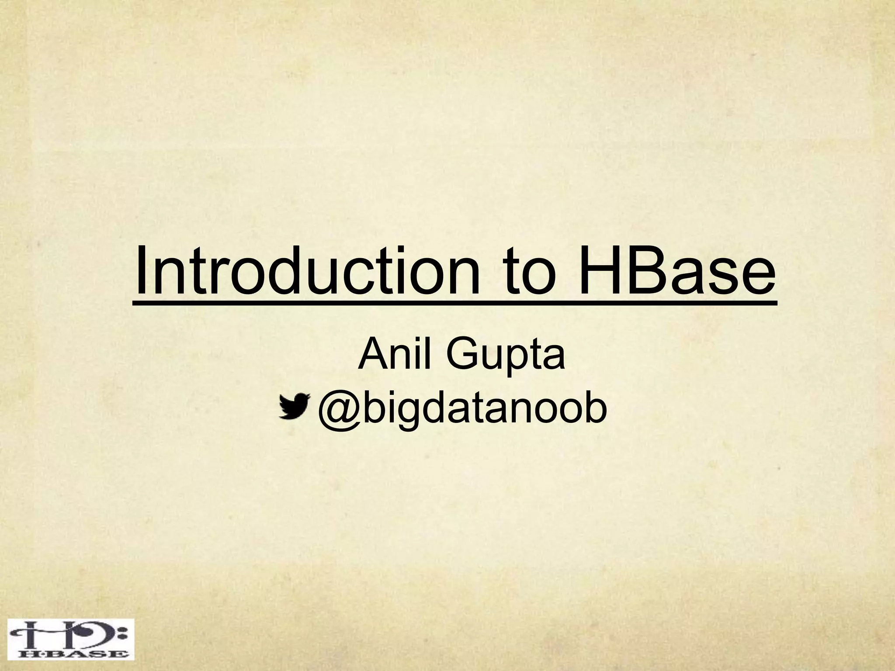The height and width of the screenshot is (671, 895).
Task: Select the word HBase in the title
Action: (678, 271)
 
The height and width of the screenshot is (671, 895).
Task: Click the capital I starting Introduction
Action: (141, 271)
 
